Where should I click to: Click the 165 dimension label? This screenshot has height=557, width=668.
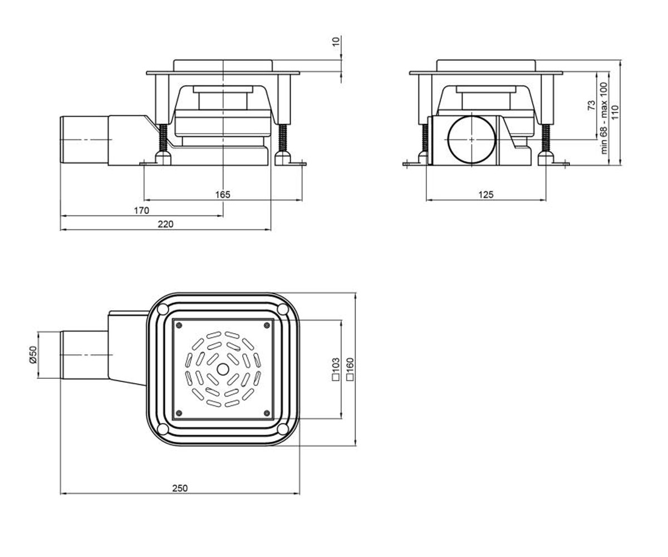click(222, 194)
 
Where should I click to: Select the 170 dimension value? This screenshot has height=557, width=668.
click(141, 211)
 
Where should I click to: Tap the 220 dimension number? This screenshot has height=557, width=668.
click(165, 224)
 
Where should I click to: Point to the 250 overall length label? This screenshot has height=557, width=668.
click(180, 488)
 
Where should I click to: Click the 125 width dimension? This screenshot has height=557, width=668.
click(485, 194)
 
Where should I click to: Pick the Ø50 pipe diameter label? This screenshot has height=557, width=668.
click(33, 355)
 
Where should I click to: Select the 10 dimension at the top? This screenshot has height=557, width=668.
click(336, 41)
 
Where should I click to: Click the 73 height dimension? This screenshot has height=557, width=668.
click(592, 105)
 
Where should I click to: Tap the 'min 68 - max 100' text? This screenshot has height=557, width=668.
click(603, 118)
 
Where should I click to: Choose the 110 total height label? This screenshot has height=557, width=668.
click(615, 113)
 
